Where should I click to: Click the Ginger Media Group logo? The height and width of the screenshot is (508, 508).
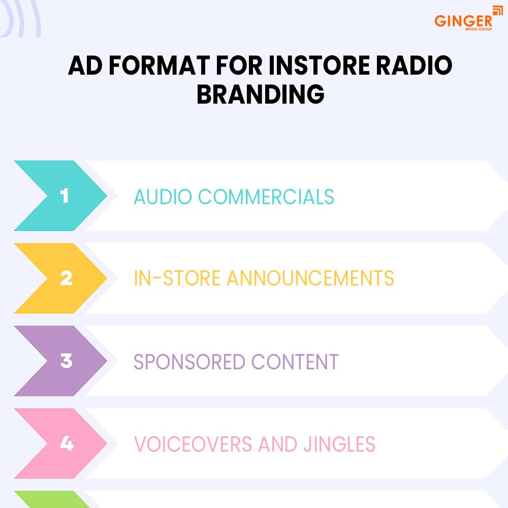[468, 19]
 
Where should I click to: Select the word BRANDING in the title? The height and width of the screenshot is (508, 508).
[261, 94]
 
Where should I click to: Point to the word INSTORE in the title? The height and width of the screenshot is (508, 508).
[319, 66]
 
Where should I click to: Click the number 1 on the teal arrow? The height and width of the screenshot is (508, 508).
[65, 196]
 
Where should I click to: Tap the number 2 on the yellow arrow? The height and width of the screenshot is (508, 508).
[66, 278]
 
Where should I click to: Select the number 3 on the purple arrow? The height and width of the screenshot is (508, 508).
[66, 361]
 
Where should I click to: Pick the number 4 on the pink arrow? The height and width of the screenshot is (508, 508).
[67, 443]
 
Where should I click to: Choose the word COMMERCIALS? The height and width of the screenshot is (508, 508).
[266, 197]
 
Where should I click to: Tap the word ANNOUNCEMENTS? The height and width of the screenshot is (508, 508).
[310, 278]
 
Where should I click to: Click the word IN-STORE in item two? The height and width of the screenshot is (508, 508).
[177, 278]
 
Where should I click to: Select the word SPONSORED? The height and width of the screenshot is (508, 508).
[189, 362]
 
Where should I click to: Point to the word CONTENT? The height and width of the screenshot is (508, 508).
[295, 362]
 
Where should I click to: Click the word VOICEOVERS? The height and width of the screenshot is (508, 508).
[193, 444]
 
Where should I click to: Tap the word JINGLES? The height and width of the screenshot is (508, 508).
[339, 444]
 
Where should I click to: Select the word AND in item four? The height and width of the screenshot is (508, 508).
[278, 444]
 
